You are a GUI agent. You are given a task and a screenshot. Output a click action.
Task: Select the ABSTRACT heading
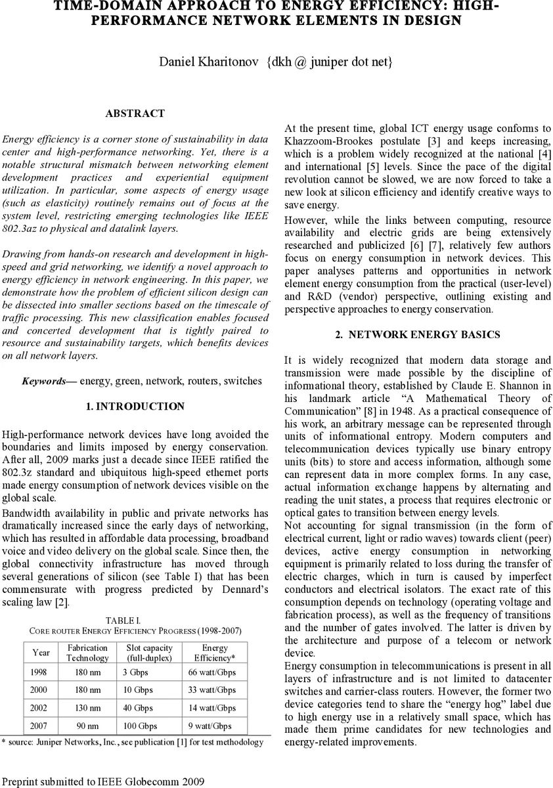tap(135, 114)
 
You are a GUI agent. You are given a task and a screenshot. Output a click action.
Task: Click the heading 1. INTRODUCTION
tap(135, 406)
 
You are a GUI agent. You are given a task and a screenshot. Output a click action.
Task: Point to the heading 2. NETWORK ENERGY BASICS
tap(417, 334)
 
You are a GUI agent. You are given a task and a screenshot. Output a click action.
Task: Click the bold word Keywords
tap(44, 381)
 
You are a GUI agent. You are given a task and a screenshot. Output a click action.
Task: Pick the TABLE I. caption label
tap(123, 620)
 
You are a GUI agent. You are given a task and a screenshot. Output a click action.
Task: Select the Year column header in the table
tap(41, 653)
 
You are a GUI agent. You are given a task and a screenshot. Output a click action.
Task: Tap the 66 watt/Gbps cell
tap(211, 672)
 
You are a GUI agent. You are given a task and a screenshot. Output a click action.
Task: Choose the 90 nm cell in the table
tap(87, 726)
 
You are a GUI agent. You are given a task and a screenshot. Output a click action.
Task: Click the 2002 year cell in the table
tap(40, 708)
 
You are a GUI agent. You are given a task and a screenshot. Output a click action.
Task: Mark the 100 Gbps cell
tap(140, 726)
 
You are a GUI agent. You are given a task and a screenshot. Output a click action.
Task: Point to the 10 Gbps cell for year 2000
tap(138, 690)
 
